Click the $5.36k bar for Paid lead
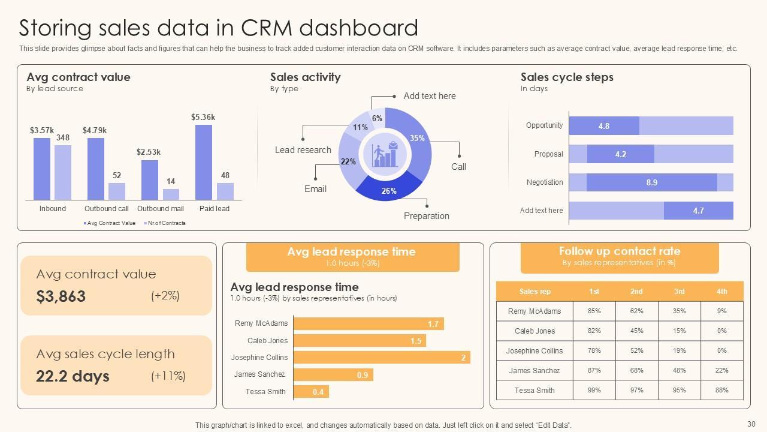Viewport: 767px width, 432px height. (x=204, y=162)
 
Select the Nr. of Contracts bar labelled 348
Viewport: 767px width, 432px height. (x=63, y=172)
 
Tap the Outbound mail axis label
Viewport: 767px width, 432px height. (x=160, y=209)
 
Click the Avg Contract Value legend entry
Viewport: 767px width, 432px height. (x=110, y=223)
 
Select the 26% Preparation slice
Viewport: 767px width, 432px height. (x=389, y=188)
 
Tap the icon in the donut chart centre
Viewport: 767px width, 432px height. (x=385, y=154)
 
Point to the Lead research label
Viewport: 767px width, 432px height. (x=303, y=150)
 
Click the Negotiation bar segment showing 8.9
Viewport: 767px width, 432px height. (x=651, y=182)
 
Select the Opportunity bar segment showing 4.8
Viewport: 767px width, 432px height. (x=604, y=126)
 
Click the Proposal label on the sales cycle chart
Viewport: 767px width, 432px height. (x=548, y=154)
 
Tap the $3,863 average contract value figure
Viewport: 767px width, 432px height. (x=61, y=296)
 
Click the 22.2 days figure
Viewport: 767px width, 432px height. (x=73, y=376)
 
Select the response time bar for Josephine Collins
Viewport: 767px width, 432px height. (x=381, y=358)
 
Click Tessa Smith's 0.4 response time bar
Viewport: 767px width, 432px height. (x=311, y=392)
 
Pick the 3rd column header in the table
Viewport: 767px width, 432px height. (x=679, y=292)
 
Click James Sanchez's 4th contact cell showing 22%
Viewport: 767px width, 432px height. (x=721, y=371)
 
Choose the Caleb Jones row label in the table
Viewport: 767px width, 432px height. (x=535, y=331)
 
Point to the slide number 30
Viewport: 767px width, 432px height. (x=751, y=424)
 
